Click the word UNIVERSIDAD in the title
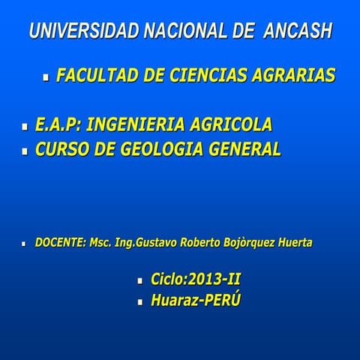point(82,32)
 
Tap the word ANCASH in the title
point(298,32)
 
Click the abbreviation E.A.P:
point(58,124)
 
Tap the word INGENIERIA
point(138,124)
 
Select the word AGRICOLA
point(233,124)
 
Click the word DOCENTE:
point(60,243)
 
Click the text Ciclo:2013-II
point(196,280)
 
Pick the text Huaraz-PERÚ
point(195,301)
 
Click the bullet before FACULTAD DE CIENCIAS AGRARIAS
point(46,77)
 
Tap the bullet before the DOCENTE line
point(25,244)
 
